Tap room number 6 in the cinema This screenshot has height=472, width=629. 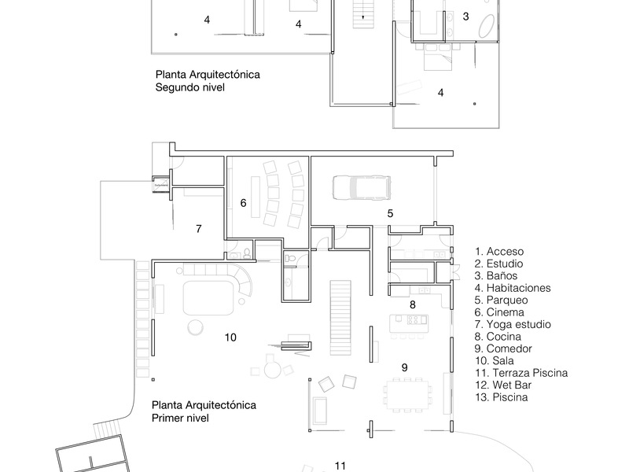pyautogui.click(x=244, y=203)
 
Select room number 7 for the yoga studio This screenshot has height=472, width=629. pyautogui.click(x=199, y=229)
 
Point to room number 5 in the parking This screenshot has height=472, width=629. pyautogui.click(x=390, y=212)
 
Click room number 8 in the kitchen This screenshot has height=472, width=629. pyautogui.click(x=412, y=304)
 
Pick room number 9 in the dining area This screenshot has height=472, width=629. pyautogui.click(x=404, y=367)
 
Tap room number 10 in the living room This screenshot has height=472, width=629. pyautogui.click(x=230, y=337)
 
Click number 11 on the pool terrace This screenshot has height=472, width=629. pyautogui.click(x=340, y=466)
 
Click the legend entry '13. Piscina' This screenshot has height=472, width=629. pyautogui.click(x=500, y=397)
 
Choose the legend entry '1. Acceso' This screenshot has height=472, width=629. pyautogui.click(x=499, y=251)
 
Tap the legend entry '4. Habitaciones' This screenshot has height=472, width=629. pyautogui.click(x=512, y=288)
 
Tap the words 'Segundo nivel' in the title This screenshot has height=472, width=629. pyautogui.click(x=190, y=88)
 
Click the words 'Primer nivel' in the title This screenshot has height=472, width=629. pyautogui.click(x=180, y=419)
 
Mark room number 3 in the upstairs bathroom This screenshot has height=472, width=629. pyautogui.click(x=465, y=16)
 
